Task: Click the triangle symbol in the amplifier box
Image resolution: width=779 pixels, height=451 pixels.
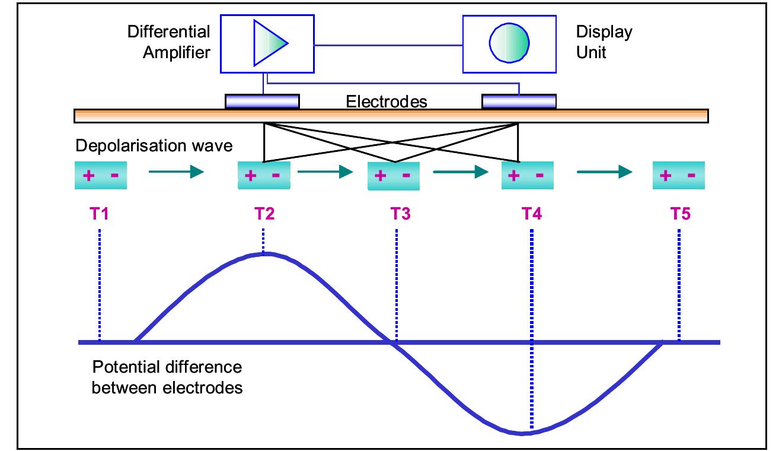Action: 269,43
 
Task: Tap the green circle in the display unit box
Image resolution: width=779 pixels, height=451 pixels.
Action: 509,43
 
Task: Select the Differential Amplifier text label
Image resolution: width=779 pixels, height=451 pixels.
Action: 168,42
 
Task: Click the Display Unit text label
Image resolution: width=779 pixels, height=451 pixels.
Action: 604,42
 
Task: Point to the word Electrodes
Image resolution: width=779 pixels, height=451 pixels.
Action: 386,101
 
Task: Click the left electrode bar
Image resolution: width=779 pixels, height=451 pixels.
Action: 262,101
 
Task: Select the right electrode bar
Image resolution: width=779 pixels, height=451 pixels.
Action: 519,101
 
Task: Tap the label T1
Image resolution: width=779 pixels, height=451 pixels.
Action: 100,213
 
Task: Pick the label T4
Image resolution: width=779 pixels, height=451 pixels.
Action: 531,213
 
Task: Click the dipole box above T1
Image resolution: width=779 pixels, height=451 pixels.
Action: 101,176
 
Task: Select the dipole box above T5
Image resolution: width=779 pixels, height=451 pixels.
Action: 679,176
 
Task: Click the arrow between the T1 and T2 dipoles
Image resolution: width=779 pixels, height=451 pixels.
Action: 175,173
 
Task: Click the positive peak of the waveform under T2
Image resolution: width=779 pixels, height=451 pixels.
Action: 265,254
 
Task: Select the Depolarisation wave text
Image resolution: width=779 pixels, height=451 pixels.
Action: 154,145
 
